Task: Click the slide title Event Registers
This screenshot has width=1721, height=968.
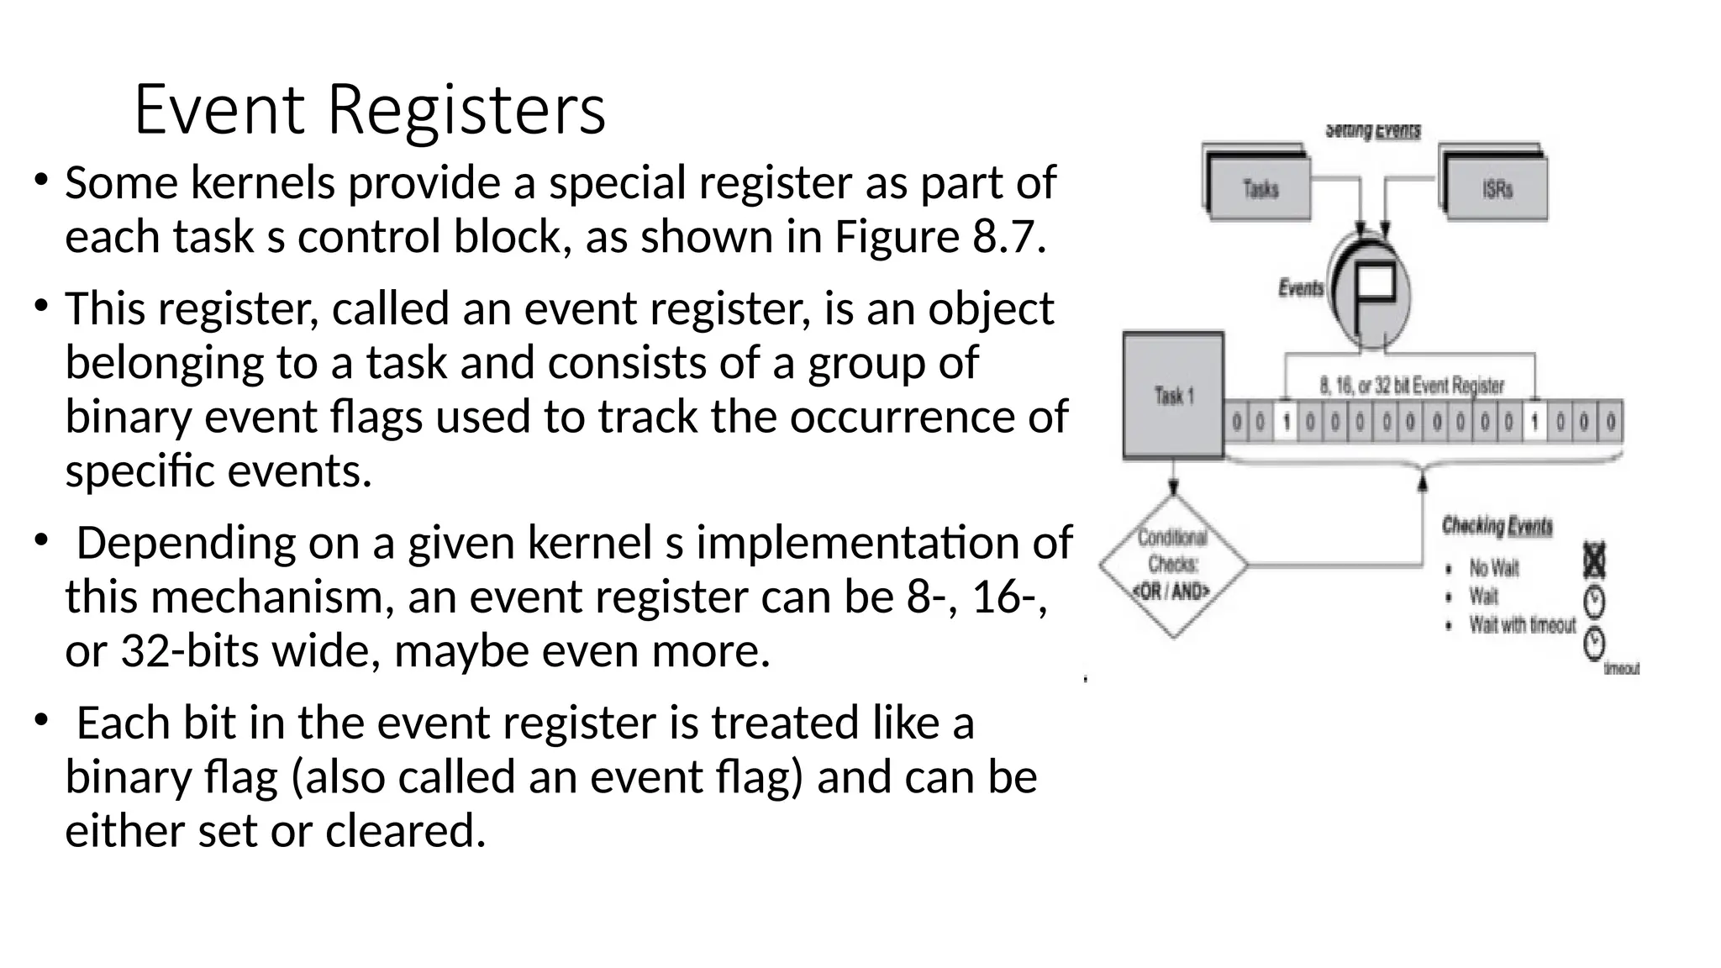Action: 370,109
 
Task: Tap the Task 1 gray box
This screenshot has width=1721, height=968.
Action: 1173,396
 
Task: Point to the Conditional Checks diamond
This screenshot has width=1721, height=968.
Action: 1172,566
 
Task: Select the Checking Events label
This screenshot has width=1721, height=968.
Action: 1497,526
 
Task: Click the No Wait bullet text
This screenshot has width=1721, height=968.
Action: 1493,568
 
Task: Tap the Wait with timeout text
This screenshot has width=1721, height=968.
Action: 1522,625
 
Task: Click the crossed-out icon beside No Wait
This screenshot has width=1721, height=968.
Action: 1594,560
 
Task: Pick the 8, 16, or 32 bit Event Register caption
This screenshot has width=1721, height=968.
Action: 1411,386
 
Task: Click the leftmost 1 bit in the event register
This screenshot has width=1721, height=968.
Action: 1285,422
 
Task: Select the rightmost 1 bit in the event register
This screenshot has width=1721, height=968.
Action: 1534,422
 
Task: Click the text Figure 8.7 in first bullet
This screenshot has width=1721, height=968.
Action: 939,237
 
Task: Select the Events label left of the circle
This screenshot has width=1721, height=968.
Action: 1300,288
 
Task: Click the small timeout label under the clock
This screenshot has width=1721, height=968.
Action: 1621,669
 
